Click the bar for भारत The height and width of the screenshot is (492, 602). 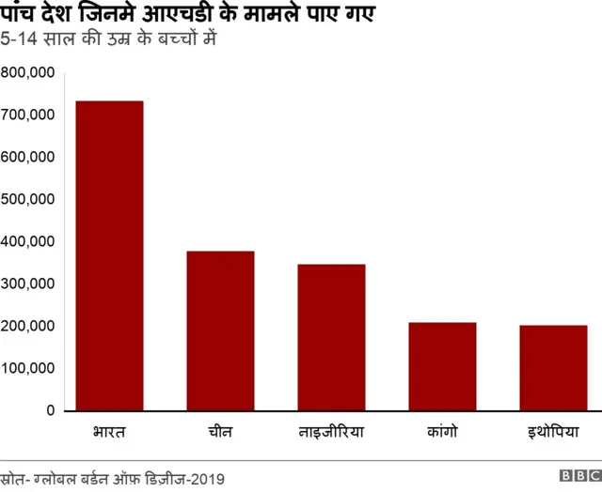(x=109, y=255)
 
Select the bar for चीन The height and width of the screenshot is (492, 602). (x=220, y=331)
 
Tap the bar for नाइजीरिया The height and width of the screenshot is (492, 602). (x=331, y=337)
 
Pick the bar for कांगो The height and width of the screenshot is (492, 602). (x=442, y=366)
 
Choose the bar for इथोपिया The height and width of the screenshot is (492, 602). (x=553, y=368)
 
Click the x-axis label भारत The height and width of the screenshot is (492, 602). (x=109, y=433)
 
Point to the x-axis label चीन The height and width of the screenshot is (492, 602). (x=220, y=433)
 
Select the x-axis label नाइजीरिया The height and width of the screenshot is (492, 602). (x=331, y=433)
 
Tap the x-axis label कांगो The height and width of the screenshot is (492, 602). (x=442, y=433)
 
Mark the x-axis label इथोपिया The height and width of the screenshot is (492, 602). (x=553, y=433)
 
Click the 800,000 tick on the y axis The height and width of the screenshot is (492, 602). (x=27, y=72)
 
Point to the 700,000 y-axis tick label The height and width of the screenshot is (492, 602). (x=27, y=115)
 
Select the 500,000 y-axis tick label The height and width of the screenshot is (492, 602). (x=27, y=199)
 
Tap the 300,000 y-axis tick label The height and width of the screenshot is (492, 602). (x=27, y=284)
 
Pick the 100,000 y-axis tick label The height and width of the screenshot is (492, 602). (x=27, y=368)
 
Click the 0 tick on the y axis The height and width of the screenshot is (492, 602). (x=51, y=410)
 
